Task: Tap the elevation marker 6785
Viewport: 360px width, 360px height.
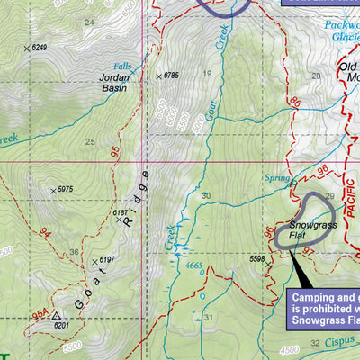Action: click(171, 76)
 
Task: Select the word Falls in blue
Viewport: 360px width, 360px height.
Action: click(123, 67)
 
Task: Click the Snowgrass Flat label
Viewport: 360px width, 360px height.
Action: click(312, 231)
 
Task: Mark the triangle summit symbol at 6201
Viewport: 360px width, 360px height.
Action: click(56, 316)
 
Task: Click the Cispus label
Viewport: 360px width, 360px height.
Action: click(340, 343)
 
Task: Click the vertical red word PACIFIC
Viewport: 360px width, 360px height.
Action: click(352, 225)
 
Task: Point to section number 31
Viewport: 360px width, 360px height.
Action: click(208, 317)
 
